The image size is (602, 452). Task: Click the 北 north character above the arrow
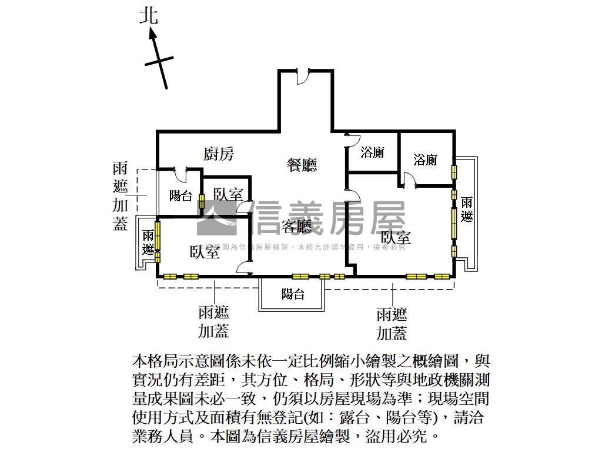[149, 16]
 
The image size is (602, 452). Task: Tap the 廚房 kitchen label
[219, 154]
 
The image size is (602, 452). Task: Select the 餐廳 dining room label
[302, 165]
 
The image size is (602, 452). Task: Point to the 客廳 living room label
[296, 226]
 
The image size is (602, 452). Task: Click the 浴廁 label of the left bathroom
[373, 152]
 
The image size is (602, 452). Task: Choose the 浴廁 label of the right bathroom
[425, 159]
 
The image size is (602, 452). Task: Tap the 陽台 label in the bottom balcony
[293, 294]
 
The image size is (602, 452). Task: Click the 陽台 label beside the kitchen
[181, 196]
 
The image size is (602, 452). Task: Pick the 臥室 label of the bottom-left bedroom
[205, 252]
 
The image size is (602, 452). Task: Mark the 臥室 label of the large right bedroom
[396, 238]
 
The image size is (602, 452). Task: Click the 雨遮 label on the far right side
[466, 210]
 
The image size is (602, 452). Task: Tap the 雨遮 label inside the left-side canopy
[148, 242]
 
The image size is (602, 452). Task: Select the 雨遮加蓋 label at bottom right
[392, 324]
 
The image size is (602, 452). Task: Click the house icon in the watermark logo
[222, 218]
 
